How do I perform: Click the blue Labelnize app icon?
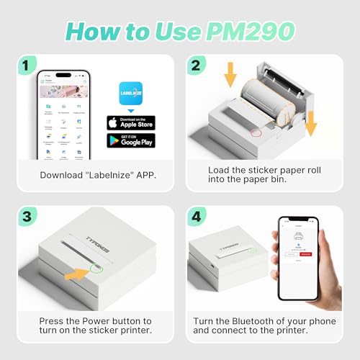[130, 94]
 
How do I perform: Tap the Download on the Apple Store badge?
[130, 122]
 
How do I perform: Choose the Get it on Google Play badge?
[130, 140]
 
